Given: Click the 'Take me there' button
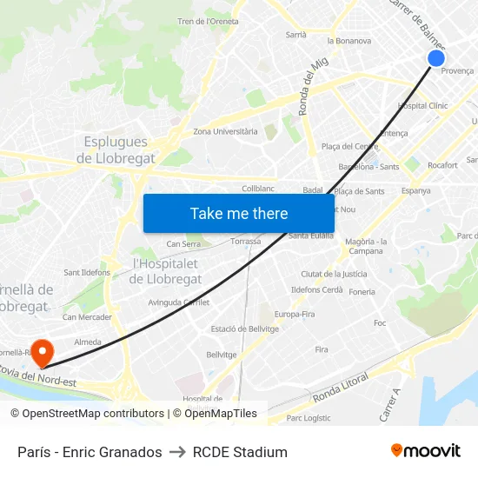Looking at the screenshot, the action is pyautogui.click(x=239, y=213).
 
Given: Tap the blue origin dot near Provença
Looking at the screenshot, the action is pyautogui.click(x=436, y=58).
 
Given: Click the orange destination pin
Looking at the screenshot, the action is pyautogui.click(x=41, y=353).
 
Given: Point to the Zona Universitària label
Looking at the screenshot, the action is pyautogui.click(x=225, y=131).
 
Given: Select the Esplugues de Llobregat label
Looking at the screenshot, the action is pyautogui.click(x=116, y=149).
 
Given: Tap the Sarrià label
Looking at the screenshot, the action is pyautogui.click(x=295, y=35).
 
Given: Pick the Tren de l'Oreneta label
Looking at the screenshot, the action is pyautogui.click(x=208, y=21).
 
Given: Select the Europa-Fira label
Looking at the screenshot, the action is pyautogui.click(x=295, y=314).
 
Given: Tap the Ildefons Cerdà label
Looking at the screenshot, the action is pyautogui.click(x=316, y=289).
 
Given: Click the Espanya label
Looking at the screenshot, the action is pyautogui.click(x=415, y=191).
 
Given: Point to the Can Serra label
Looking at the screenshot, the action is pyautogui.click(x=183, y=244).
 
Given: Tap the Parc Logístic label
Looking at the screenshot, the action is pyautogui.click(x=308, y=417).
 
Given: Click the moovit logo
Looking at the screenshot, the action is pyautogui.click(x=425, y=451).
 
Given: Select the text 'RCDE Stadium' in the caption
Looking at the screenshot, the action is pyautogui.click(x=240, y=452).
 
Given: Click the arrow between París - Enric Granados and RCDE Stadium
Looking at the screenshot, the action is pyautogui.click(x=177, y=452).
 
